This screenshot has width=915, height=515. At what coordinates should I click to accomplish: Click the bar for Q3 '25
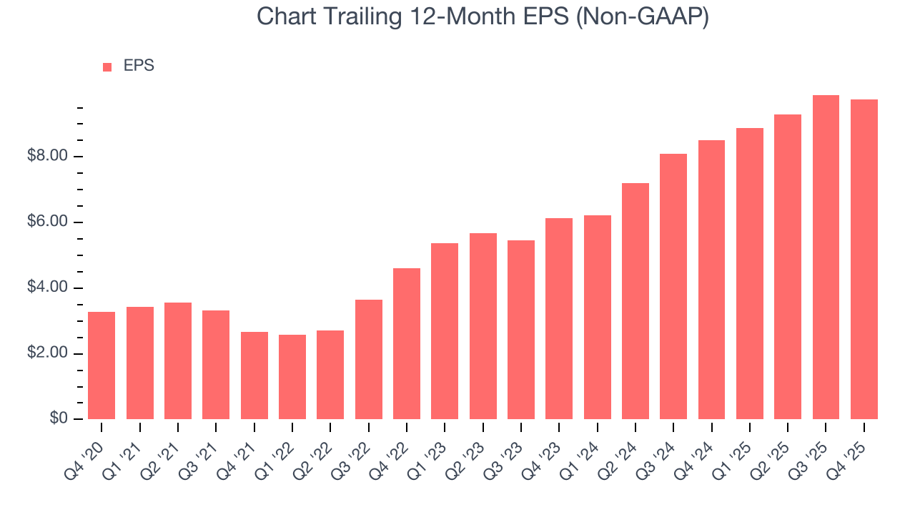click(x=826, y=257)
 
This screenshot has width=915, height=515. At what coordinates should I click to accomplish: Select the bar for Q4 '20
click(x=102, y=366)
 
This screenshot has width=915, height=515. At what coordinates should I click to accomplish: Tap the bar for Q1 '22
click(x=292, y=377)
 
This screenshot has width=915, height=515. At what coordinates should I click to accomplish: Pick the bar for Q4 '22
click(x=407, y=343)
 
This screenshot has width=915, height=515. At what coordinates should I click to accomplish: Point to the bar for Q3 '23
click(x=521, y=330)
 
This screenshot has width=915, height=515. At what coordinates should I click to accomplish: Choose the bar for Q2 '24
click(x=635, y=301)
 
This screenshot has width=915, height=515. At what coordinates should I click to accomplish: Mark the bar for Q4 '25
click(x=864, y=259)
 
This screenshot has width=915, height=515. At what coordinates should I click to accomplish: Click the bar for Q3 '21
click(x=216, y=365)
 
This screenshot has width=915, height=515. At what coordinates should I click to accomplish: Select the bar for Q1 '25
click(x=750, y=273)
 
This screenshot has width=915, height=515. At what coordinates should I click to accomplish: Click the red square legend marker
click(x=107, y=67)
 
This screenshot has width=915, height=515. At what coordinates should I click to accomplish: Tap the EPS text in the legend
click(x=139, y=66)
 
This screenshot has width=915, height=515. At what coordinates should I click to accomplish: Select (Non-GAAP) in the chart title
click(x=643, y=16)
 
